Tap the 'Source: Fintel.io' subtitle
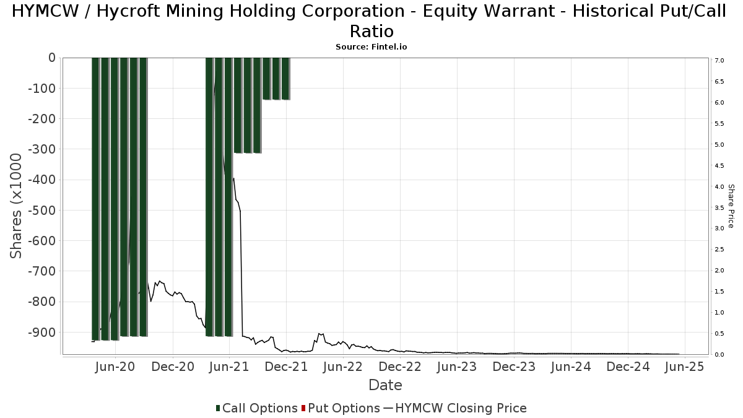[371, 46]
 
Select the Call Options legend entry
[256, 408]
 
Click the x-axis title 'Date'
[385, 385]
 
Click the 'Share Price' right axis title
[731, 206]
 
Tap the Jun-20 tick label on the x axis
[115, 367]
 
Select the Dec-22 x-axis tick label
[401, 367]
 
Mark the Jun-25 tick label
[685, 367]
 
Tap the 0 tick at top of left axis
[51, 58]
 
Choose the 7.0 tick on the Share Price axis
[719, 61]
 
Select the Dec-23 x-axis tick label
[515, 367]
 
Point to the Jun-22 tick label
[343, 367]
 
